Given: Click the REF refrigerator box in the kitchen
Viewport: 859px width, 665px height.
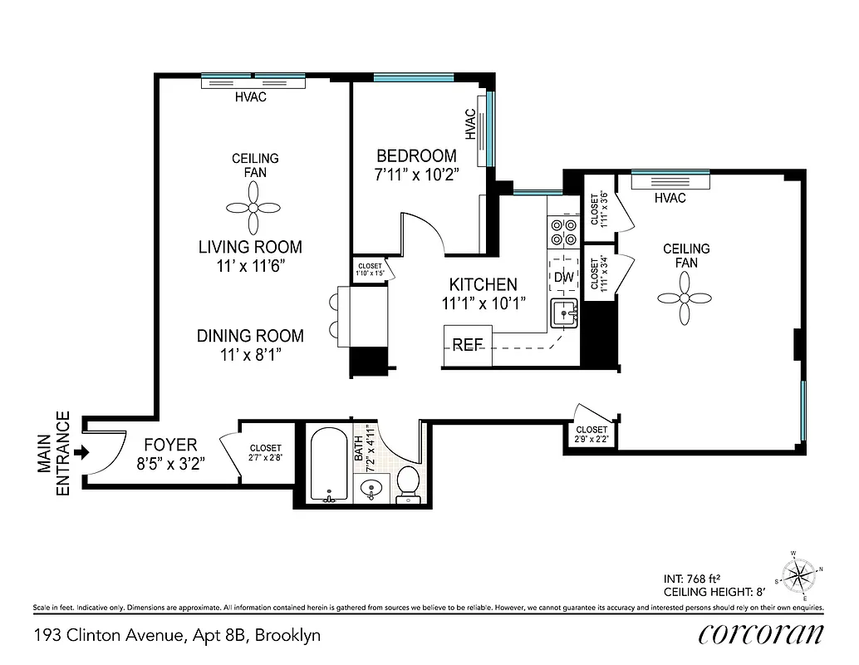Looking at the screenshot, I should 468,345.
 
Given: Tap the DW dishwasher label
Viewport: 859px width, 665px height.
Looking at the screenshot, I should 564,277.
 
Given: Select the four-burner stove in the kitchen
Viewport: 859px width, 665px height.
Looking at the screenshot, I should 564,231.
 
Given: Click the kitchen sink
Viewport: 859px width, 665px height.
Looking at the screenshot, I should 565,314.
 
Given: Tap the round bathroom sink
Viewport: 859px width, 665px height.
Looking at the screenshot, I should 371,490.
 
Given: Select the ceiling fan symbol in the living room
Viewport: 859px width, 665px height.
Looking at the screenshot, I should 255,209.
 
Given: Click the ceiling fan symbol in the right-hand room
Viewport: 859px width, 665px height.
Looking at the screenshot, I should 685,299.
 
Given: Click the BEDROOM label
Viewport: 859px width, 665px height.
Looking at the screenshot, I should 416,155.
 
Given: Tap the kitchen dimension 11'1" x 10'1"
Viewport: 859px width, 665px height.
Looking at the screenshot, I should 483,303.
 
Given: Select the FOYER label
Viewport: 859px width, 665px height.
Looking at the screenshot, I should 169,444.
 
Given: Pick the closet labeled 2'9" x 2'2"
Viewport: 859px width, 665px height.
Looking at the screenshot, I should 591,433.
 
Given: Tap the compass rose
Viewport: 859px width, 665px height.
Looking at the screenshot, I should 800,574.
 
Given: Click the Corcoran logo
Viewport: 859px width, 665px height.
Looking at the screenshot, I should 761,635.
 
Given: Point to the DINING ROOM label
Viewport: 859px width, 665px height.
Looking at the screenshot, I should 250,336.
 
